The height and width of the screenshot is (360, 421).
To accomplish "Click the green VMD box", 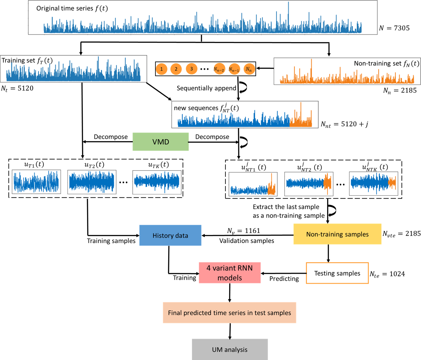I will click(x=161, y=142).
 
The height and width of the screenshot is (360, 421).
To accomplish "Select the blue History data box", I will click(x=170, y=235).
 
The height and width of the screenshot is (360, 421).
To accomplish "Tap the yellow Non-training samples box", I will click(x=337, y=234).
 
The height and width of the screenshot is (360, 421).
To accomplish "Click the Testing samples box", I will click(x=337, y=273).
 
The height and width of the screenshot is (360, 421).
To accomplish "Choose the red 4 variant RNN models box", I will click(x=230, y=273).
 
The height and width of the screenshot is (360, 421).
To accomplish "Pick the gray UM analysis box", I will click(x=230, y=350).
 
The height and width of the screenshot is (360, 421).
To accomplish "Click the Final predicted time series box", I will click(x=229, y=313).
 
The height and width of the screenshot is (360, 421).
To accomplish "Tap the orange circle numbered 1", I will click(x=161, y=69).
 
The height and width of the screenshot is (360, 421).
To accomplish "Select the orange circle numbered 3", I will click(x=191, y=69).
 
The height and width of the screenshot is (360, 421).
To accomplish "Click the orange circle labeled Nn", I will click(x=249, y=69).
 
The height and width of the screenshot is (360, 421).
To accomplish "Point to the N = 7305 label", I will click(x=394, y=28).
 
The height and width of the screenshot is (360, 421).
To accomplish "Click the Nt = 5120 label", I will click(x=17, y=88).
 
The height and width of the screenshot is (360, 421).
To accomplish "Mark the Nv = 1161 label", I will click(x=244, y=231).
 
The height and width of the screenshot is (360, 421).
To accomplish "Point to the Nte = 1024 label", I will click(x=387, y=274).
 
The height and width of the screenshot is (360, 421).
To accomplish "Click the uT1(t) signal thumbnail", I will click(x=36, y=182).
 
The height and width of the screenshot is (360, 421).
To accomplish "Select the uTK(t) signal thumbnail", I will click(x=157, y=182).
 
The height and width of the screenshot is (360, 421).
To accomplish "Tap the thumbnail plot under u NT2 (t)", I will click(x=309, y=184).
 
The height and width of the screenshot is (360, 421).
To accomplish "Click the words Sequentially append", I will click(x=206, y=88).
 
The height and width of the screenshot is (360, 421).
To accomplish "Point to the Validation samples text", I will click(x=247, y=241).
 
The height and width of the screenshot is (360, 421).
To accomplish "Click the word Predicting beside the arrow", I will click(x=284, y=279).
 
